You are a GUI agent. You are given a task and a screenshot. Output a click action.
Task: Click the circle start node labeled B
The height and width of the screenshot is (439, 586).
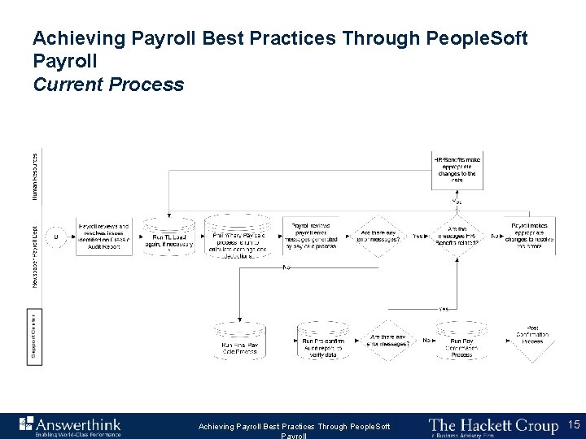pyautogui.click(x=56, y=236)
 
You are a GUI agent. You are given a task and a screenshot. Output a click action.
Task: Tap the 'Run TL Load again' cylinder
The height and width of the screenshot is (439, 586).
pyautogui.click(x=168, y=237)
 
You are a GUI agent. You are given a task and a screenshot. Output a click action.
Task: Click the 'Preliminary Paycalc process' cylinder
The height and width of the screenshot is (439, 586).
pyautogui.click(x=237, y=237)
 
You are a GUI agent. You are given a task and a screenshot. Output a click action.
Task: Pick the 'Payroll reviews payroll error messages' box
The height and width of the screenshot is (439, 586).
pyautogui.click(x=312, y=235)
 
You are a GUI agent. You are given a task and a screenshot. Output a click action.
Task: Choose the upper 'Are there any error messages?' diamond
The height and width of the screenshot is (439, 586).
pyautogui.click(x=381, y=236)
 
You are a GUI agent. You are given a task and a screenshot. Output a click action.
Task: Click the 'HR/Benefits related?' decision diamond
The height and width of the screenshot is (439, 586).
pyautogui.click(x=455, y=236)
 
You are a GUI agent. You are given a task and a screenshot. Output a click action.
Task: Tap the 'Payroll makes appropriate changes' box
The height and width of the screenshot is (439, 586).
pyautogui.click(x=533, y=235)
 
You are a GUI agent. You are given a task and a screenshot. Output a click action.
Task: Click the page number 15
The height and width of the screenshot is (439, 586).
pyautogui.click(x=572, y=424)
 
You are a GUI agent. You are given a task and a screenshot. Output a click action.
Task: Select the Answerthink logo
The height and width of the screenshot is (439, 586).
pyautogui.click(x=69, y=425)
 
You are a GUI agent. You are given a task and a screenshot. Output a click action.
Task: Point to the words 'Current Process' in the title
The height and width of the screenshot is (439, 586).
pyautogui.click(x=108, y=85)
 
